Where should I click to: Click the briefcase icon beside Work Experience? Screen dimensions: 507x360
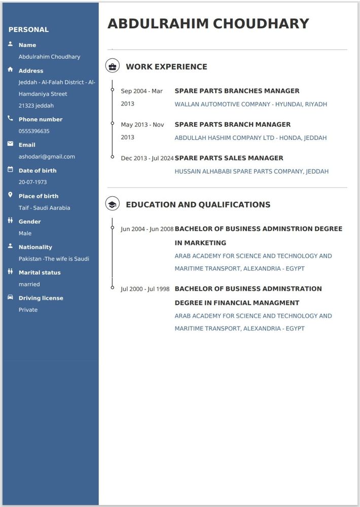coord(113,66)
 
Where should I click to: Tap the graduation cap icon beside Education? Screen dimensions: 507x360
coord(113,204)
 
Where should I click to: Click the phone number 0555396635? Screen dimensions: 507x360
coord(34,131)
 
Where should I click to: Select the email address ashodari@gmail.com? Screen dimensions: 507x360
coord(47,157)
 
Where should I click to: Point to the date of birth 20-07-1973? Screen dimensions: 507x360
coord(32,182)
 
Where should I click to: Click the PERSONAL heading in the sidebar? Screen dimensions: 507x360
coord(28,29)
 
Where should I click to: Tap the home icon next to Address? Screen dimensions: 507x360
coord(10,69)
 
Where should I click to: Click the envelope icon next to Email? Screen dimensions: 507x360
coord(10,144)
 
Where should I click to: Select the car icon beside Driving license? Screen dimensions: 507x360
coord(10,297)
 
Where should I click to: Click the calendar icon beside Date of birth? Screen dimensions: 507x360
coord(10,169)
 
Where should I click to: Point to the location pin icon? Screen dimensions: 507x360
coord(10,195)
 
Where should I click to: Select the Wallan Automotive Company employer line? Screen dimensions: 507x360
coord(250,104)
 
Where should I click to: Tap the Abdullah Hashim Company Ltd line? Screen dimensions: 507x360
coord(250,138)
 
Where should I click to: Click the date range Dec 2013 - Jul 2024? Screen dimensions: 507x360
coord(147,158)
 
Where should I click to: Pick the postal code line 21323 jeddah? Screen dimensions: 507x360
coord(36,105)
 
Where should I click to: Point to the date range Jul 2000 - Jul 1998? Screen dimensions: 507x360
coord(145,289)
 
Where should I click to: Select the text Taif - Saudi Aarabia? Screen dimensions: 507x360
coord(44,208)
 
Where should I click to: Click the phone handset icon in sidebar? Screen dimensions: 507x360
coord(10,118)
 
